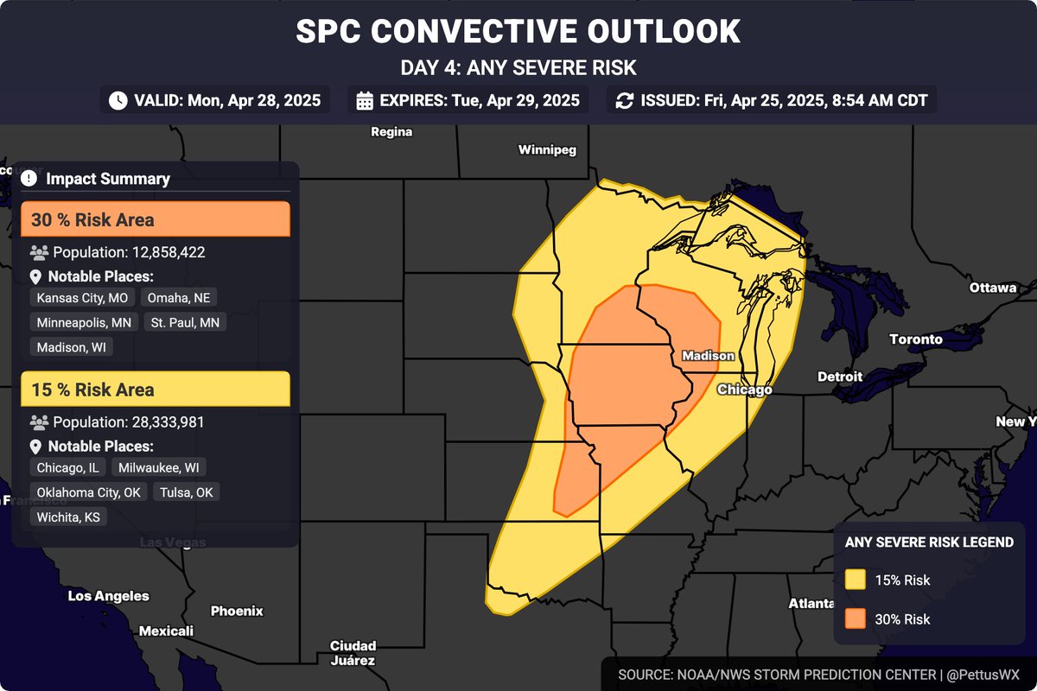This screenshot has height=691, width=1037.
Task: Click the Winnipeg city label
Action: tap(547, 150)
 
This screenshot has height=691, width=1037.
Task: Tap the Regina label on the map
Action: tap(391, 132)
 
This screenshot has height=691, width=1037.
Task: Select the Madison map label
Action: tap(708, 356)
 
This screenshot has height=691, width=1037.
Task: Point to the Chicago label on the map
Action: tap(744, 390)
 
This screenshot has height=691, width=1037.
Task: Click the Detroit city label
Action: tap(840, 377)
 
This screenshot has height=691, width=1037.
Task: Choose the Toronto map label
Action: tap(916, 339)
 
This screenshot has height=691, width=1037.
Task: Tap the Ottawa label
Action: tap(992, 288)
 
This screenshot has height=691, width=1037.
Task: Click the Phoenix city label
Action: tap(237, 611)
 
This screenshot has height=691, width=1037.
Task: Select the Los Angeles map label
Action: tap(108, 596)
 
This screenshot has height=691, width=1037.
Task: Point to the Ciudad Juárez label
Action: tap(353, 653)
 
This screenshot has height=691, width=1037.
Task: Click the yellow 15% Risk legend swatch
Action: tap(856, 580)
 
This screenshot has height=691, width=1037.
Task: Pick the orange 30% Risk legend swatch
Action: tap(856, 619)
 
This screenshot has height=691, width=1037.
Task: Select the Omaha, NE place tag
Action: tap(179, 298)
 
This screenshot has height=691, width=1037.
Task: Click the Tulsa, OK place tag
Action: tap(186, 492)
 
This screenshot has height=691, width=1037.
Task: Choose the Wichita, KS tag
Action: tap(68, 517)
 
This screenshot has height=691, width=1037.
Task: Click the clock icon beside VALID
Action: tap(118, 100)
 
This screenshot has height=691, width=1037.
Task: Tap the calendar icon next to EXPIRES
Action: tap(365, 100)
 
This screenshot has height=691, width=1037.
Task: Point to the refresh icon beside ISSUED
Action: tap(624, 100)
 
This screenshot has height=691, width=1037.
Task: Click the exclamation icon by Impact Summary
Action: tap(29, 179)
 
